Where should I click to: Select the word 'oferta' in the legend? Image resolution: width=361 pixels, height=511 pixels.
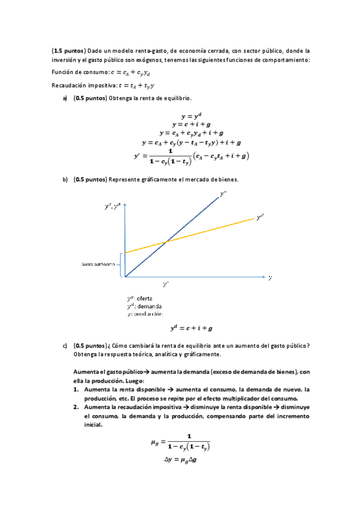[144, 298]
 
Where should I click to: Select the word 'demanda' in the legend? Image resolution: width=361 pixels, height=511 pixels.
[148, 306]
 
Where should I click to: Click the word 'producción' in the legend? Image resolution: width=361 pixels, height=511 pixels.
[148, 314]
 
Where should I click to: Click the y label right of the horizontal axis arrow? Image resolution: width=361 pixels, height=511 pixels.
[270, 278]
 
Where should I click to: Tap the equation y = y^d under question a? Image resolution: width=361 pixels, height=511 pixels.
[191, 116]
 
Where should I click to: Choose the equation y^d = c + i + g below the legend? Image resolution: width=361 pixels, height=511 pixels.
[192, 328]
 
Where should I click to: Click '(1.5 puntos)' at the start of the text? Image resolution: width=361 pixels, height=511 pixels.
[69, 51]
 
